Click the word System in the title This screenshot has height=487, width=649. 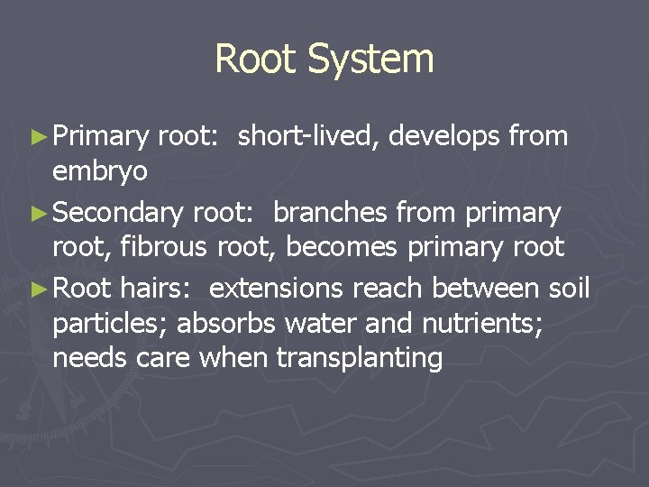[371, 60]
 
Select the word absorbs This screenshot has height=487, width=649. [231, 322]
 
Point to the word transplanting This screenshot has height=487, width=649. [360, 359]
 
